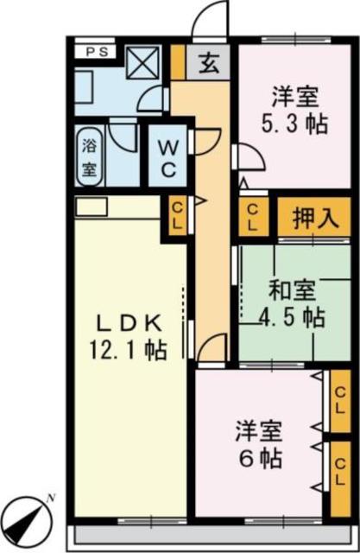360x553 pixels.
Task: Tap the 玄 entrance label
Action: (x=208, y=61)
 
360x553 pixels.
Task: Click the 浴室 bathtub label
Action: (x=89, y=156)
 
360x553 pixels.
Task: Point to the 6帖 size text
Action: (x=260, y=457)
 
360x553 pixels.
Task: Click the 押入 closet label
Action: (x=313, y=215)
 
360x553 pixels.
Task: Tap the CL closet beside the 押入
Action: (x=253, y=216)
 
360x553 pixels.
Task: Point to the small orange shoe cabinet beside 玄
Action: (x=177, y=61)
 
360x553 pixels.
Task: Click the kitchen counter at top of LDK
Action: (x=91, y=207)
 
